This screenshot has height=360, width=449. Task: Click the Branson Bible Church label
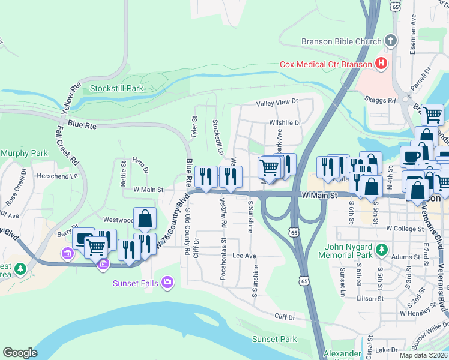pyautogui.click(x=341, y=41)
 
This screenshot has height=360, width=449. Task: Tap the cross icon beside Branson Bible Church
pyautogui.click(x=390, y=41)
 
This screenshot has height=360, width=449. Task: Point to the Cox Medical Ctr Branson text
pyautogui.click(x=325, y=64)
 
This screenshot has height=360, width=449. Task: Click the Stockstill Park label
pyautogui.click(x=116, y=88)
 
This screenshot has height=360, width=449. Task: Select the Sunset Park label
pyautogui.click(x=274, y=339)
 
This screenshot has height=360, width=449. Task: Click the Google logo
pyautogui.click(x=20, y=353)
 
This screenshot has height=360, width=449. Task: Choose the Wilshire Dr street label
pyautogui.click(x=285, y=122)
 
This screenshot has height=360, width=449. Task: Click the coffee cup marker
pyautogui.click(x=411, y=156)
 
